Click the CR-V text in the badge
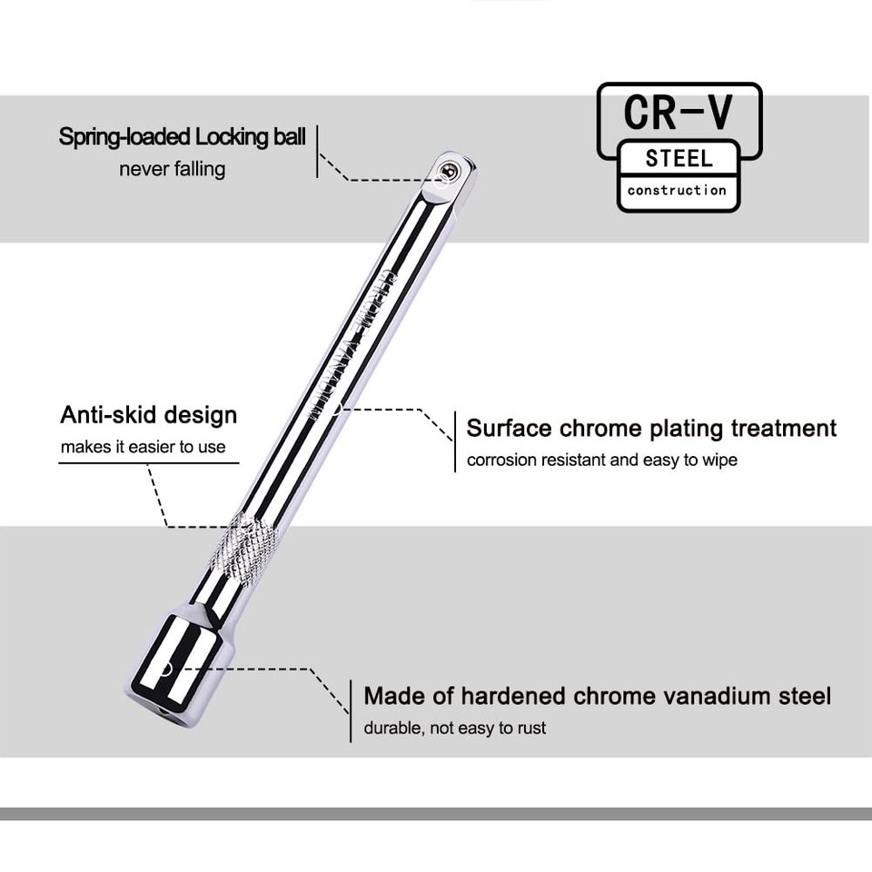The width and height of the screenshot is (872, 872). point(679,112)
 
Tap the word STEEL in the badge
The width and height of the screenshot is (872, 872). point(679,158)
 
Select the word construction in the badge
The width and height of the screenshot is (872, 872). point(677,190)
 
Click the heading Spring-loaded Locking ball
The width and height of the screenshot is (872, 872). point(183,137)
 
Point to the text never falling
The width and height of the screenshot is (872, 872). point(172,169)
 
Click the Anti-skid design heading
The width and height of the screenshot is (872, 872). point(148,415)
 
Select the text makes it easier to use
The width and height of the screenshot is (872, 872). point(143,447)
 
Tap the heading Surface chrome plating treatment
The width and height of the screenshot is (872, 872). point(651,428)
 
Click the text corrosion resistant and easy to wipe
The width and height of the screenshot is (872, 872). point(601,460)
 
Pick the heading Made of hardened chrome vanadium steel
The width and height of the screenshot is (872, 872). point(597,697)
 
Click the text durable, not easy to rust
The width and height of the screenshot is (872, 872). point(455,728)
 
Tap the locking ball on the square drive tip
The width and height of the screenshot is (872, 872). point(446,168)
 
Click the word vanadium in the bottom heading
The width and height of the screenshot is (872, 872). point(706,697)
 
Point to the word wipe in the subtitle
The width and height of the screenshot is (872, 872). point(720,460)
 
